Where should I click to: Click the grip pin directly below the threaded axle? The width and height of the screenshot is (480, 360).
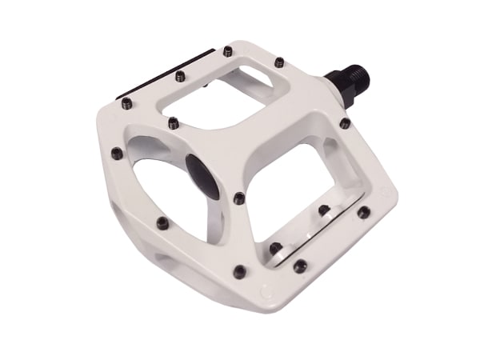345,123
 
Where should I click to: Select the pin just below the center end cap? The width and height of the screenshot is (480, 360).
239,198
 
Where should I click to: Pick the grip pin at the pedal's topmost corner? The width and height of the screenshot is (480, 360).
228,51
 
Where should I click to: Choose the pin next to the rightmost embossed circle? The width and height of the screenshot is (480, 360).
364,212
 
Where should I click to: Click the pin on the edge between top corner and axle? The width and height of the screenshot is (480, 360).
279,62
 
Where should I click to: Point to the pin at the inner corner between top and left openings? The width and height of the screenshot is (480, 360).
173,122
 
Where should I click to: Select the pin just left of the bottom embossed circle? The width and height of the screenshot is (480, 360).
239,272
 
